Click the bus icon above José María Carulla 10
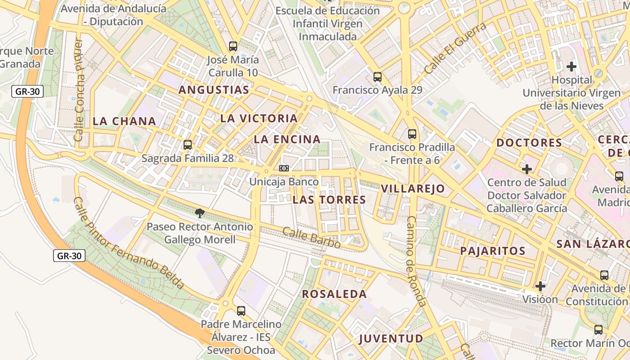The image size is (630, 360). (233, 46)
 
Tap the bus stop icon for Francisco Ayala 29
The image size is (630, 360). (378, 77)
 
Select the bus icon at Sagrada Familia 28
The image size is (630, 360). (188, 145)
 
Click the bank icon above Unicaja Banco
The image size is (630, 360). (284, 168)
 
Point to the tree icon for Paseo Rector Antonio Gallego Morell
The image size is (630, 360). (200, 213)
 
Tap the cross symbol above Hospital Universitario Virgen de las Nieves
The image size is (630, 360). (571, 67)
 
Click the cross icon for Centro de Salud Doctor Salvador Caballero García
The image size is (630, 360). (527, 170)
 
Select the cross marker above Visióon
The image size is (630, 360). (540, 286)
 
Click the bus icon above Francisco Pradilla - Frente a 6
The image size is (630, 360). (412, 134)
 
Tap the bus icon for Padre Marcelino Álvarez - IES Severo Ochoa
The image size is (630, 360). (241, 310)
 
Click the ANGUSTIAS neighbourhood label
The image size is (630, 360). (214, 90)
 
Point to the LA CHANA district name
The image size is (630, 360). (124, 121)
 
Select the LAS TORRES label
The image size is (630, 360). (329, 200)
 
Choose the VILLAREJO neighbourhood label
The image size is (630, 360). (413, 189)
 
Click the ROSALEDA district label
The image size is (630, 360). (334, 294)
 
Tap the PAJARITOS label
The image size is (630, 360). (493, 251)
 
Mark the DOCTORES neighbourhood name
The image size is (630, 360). (529, 143)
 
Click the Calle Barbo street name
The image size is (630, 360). (311, 238)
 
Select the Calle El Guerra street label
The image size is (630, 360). (455, 48)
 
